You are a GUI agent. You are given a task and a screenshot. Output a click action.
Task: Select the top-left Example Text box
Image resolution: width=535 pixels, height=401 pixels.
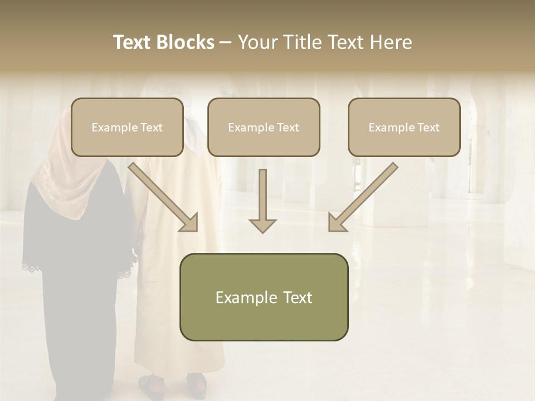click(127, 128)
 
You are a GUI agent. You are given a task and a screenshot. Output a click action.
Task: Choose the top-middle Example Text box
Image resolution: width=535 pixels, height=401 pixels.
click(264, 128)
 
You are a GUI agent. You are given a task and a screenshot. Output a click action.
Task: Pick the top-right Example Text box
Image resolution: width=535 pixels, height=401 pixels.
click(404, 128)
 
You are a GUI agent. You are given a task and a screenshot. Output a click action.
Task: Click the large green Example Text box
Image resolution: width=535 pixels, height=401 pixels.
click(264, 297)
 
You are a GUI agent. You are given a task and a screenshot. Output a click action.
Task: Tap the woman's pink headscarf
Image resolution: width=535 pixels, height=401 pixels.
click(59, 167)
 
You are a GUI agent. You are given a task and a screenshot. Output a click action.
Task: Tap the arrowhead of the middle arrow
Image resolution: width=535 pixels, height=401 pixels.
click(262, 225)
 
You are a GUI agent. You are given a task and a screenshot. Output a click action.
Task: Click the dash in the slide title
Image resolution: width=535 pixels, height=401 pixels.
click(226, 43)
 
